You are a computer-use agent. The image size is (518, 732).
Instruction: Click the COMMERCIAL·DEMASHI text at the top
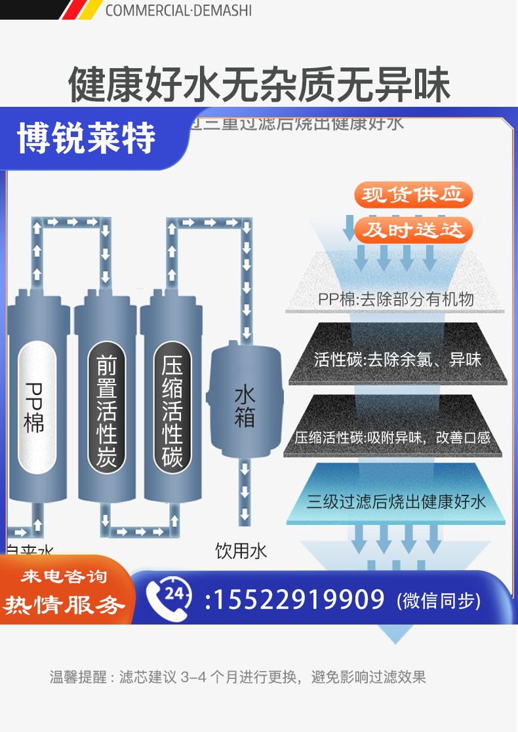pyautogui.click(x=178, y=10)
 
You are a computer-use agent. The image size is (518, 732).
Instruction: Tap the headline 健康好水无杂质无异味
pyautogui.click(x=259, y=83)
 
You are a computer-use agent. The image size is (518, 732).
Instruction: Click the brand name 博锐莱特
pyautogui.click(x=87, y=138)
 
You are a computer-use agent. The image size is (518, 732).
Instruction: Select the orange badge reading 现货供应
pyautogui.click(x=413, y=195)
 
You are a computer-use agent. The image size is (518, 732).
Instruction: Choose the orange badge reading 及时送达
pyautogui.click(x=413, y=230)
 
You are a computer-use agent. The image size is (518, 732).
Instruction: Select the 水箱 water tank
pyautogui.click(x=245, y=406)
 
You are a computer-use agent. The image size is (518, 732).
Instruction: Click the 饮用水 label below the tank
pyautogui.click(x=241, y=551)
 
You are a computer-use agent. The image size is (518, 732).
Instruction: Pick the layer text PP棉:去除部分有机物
pyautogui.click(x=396, y=299)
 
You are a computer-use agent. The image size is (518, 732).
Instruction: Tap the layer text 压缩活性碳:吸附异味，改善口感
pyautogui.click(x=393, y=437)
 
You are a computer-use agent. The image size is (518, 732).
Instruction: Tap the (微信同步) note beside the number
pyautogui.click(x=439, y=600)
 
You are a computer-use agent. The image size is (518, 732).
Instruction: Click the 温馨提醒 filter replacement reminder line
pyautogui.click(x=237, y=676)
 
